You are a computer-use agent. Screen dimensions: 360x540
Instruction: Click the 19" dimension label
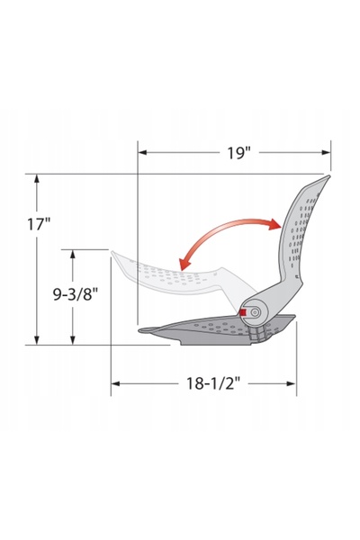(x=238, y=153)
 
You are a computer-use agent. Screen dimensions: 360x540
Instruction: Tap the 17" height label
(x=39, y=224)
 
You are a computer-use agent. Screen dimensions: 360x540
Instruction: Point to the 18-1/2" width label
(x=213, y=383)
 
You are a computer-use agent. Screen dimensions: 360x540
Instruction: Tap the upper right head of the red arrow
(x=275, y=224)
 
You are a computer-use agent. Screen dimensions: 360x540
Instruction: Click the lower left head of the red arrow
(x=184, y=265)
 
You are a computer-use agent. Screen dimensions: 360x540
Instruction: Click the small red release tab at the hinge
(x=243, y=312)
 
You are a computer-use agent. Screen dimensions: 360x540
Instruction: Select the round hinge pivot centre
(x=255, y=312)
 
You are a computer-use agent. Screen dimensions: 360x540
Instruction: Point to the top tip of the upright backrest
(x=328, y=176)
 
